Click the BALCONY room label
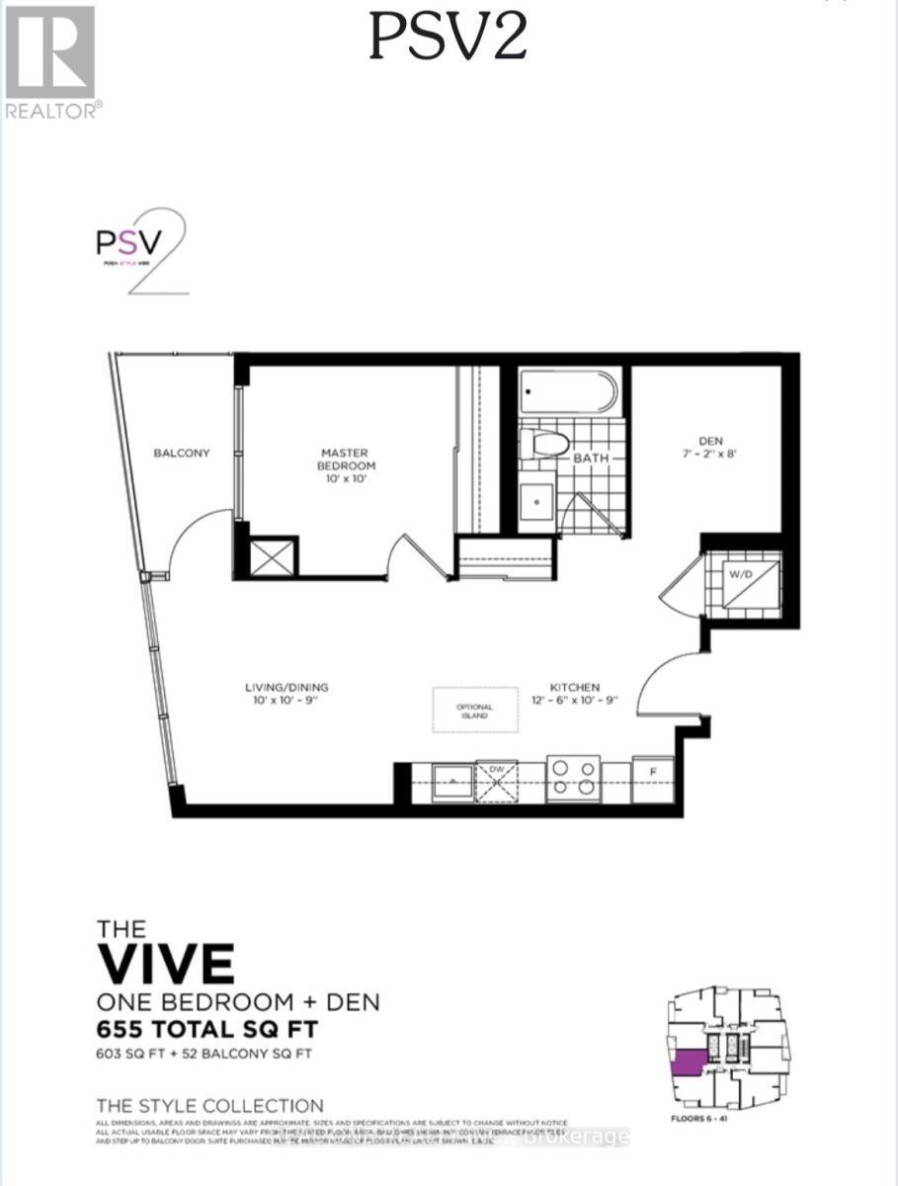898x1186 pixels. tap(181, 453)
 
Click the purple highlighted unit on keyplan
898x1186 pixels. tap(689, 1060)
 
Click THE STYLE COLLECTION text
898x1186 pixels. tap(209, 1105)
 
